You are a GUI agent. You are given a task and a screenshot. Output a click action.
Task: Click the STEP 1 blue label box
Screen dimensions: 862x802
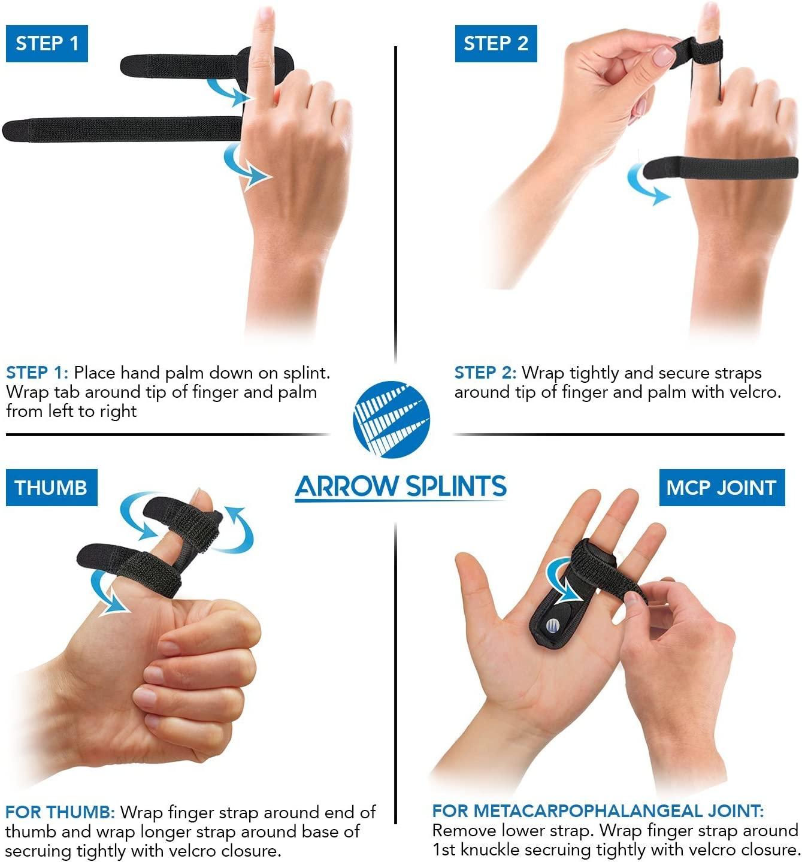(47, 44)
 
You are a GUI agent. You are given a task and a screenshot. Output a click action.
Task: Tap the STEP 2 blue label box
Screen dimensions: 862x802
(495, 44)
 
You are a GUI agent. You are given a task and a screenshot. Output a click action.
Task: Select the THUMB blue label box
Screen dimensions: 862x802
(51, 488)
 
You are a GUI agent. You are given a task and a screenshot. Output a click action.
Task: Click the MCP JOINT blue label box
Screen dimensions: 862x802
(721, 488)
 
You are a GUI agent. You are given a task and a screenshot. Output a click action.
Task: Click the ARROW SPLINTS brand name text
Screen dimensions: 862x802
(401, 486)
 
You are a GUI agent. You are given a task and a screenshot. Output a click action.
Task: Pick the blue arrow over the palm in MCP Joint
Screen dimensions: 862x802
(560, 579)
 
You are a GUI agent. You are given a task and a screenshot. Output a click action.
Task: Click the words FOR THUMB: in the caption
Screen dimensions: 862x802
(60, 812)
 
